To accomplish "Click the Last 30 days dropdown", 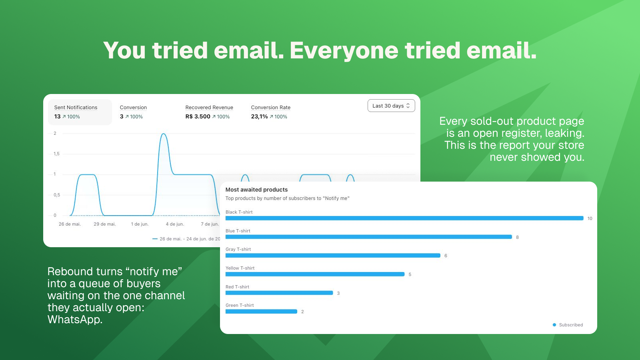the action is tap(391, 106).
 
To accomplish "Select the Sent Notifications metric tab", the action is tap(80, 112).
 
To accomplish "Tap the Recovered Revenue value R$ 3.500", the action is tap(198, 116).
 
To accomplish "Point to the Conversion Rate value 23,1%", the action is tap(260, 116).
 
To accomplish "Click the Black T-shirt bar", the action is tap(404, 218).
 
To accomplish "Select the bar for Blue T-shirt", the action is tap(368, 237).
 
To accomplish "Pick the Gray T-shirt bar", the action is tap(333, 256).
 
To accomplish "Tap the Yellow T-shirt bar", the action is tap(315, 274).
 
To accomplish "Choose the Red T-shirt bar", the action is tap(279, 293).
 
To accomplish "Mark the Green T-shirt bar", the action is tap(261, 312).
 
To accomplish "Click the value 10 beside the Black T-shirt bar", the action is tap(590, 218).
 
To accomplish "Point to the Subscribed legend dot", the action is tap(554, 325).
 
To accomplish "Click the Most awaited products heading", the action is tap(256, 190).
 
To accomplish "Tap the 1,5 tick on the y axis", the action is tap(56, 154).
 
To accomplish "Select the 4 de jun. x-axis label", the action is tap(175, 224).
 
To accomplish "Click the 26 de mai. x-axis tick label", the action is tap(70, 224).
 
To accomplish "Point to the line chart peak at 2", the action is tap(164, 134).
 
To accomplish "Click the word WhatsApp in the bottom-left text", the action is tap(75, 320).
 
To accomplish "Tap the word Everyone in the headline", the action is tap(344, 51).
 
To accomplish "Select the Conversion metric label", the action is tap(133, 108).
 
